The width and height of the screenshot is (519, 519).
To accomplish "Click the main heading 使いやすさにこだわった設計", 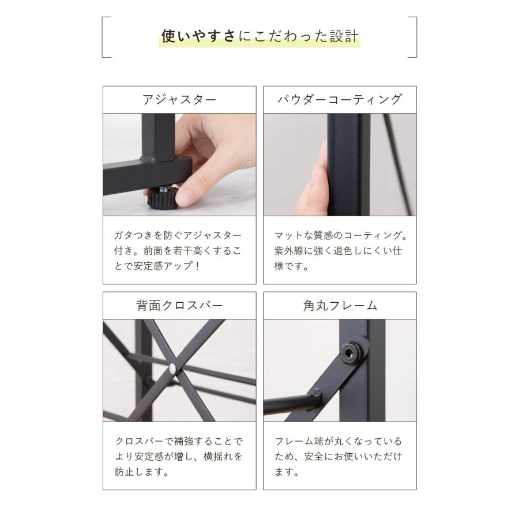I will pyautogui.click(x=259, y=37).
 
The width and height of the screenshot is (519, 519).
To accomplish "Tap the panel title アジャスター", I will pyautogui.click(x=179, y=99).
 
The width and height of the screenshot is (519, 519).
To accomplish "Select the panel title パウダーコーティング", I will pyautogui.click(x=340, y=99).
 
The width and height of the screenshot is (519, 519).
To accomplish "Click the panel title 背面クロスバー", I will pyautogui.click(x=179, y=305).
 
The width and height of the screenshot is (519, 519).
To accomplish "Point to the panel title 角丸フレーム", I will pyautogui.click(x=340, y=305).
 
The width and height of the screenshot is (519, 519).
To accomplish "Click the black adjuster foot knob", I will pyautogui.click(x=161, y=199).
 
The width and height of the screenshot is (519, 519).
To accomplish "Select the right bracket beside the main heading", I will pyautogui.click(x=413, y=37).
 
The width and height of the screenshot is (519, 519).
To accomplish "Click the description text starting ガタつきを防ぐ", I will pyautogui.click(x=178, y=251).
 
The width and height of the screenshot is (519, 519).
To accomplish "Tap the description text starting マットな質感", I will pyautogui.click(x=340, y=251).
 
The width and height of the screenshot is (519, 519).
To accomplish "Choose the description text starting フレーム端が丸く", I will pyautogui.click(x=339, y=456).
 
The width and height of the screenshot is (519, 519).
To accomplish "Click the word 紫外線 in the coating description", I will pyautogui.click(x=292, y=251).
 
